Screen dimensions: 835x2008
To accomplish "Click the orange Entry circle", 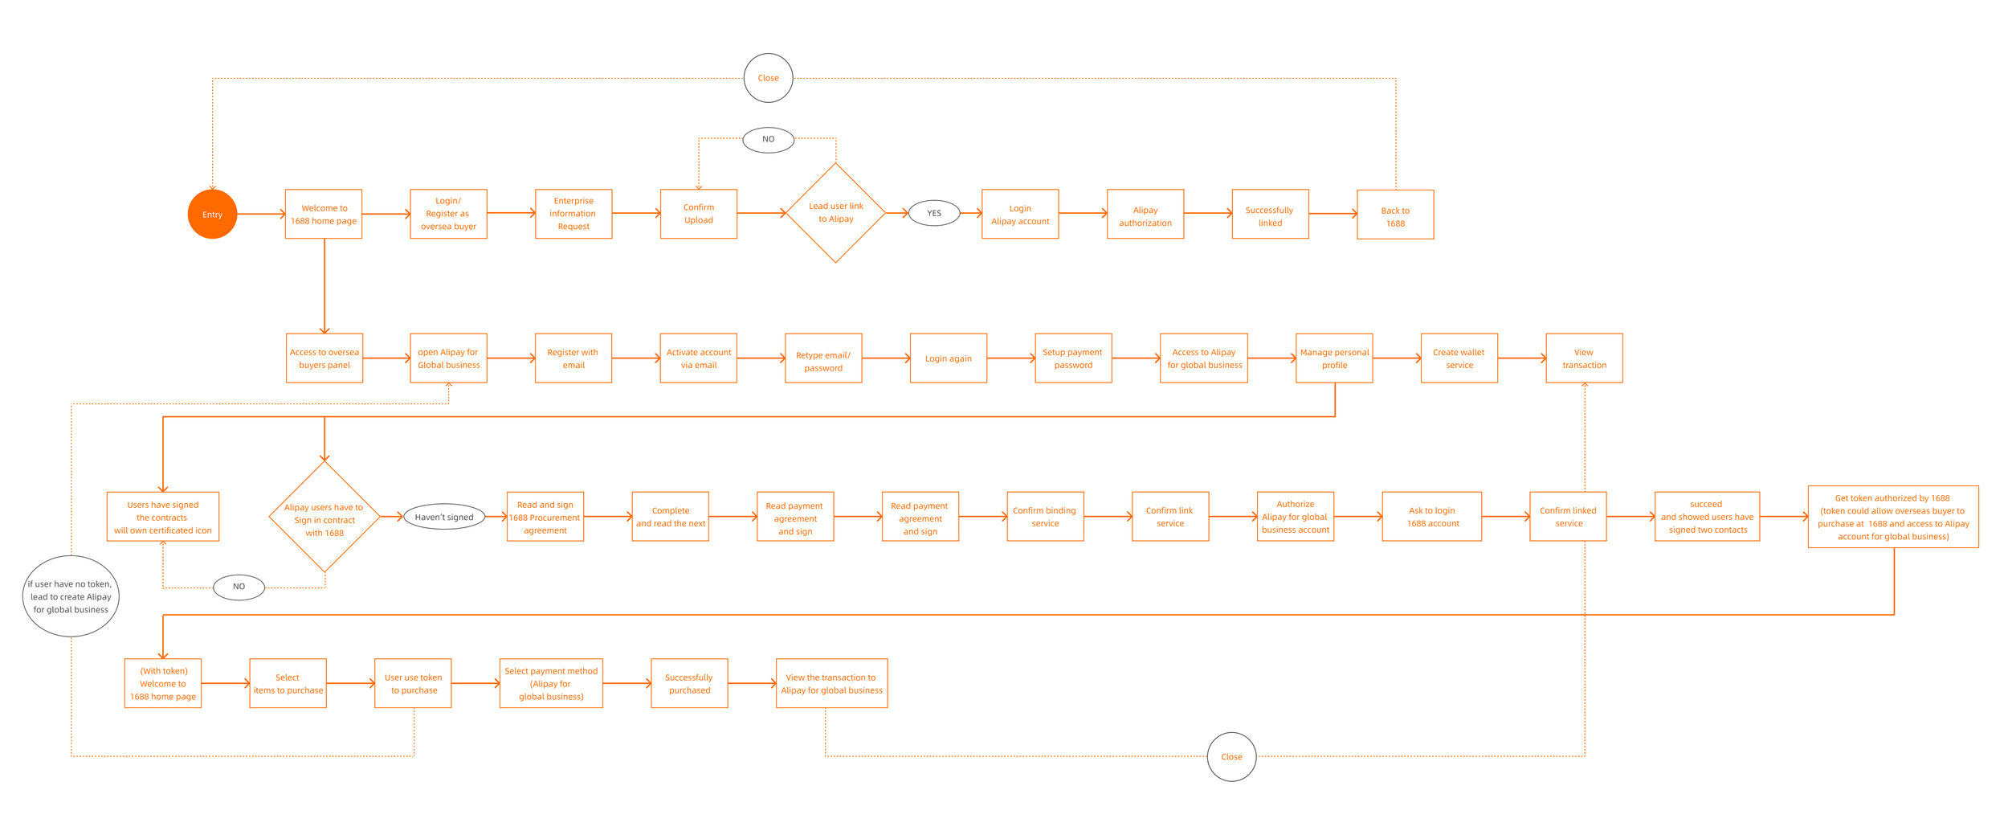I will (x=212, y=215).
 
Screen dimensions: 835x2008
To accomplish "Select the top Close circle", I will (x=768, y=78).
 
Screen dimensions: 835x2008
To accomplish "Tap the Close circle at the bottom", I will (x=1231, y=756).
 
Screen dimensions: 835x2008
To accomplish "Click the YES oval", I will (x=934, y=213).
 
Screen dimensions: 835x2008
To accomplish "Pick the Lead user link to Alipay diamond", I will (x=835, y=213).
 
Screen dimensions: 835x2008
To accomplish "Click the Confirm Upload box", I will (x=698, y=214).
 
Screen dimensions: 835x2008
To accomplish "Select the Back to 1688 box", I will (x=1395, y=215).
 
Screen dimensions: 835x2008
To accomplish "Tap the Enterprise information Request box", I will (x=573, y=214).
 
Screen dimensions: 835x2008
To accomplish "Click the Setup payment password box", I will (x=1073, y=358).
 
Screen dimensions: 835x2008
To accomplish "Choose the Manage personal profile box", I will (x=1334, y=358).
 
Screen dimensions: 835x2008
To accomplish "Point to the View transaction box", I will (x=1584, y=358).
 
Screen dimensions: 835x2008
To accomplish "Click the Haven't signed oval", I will (x=444, y=517).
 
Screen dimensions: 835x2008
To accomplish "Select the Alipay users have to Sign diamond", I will (x=324, y=517).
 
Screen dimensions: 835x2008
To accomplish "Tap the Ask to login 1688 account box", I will (x=1431, y=517).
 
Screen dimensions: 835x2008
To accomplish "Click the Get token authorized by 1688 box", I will (x=1892, y=517).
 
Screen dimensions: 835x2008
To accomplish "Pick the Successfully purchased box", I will (x=689, y=683).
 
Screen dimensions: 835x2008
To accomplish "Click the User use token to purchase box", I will (x=413, y=683).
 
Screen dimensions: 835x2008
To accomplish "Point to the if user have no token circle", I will (x=71, y=596).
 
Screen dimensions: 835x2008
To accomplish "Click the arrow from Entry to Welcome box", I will (x=261, y=214).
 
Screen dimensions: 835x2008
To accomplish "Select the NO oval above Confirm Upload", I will (x=768, y=139).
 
